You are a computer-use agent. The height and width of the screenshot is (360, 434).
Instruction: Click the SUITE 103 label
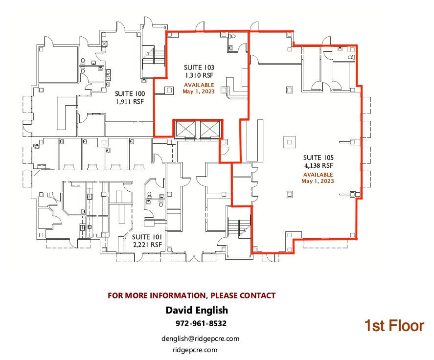point(199,67)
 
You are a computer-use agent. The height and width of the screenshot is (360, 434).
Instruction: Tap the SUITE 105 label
point(318,157)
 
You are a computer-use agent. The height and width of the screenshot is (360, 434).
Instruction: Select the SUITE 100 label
point(130,93)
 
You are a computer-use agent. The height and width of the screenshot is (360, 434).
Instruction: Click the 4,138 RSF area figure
point(318,165)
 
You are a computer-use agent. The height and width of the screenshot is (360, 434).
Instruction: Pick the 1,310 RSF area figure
point(199,75)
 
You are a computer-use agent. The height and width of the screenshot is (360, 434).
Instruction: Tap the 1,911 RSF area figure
point(130,102)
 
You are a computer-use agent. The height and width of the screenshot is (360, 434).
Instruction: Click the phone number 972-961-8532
point(201,324)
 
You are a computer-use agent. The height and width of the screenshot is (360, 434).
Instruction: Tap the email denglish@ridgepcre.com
point(200,338)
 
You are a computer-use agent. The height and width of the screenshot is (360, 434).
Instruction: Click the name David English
point(197,310)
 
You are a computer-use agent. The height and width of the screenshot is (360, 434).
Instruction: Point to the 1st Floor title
point(394,326)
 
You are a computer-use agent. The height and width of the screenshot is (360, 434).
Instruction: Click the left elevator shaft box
point(186,129)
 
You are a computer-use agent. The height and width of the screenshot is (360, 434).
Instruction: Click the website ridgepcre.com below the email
point(195,350)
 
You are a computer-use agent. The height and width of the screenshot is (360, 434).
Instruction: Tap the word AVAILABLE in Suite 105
point(318,175)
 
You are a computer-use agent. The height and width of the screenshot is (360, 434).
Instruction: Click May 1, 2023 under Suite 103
point(199,91)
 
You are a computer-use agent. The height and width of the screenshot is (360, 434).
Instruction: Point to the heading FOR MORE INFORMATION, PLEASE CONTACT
point(191,295)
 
